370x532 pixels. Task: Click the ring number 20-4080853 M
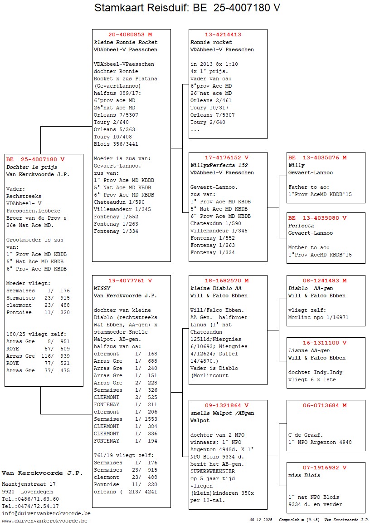coord(131,34)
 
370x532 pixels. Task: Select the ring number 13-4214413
coord(223,34)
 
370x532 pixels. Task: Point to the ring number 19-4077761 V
coord(130,281)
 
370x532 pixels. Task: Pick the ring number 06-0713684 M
coord(325,405)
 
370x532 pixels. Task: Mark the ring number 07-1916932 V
coord(325,468)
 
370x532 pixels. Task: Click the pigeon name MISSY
coord(102,288)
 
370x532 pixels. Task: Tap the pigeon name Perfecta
coord(301,226)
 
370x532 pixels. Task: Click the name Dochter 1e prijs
coord(32,167)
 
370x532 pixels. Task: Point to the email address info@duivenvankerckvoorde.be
coord(46,513)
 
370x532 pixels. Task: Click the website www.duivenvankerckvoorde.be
coord(44,521)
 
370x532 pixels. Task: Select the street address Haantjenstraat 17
coord(29,484)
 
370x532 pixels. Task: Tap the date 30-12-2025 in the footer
coord(261,520)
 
